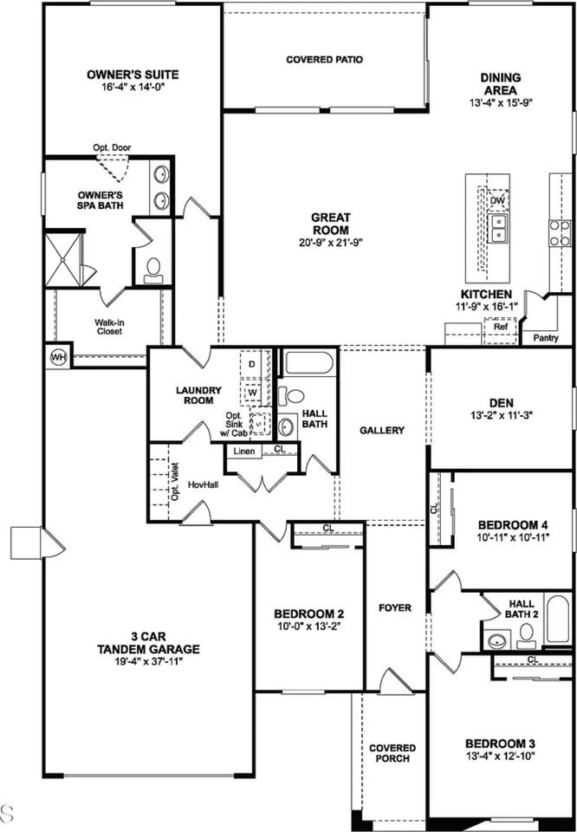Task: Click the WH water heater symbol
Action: coord(58,356)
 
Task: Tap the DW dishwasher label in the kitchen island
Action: coord(497,201)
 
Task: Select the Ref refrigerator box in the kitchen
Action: coord(500,328)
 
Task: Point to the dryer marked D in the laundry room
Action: coord(252,365)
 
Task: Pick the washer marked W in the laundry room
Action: coord(252,392)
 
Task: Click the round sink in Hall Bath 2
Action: coord(497,641)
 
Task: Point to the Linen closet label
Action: coord(243,451)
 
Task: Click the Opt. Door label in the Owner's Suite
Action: coord(113,148)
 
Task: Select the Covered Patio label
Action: coord(324,60)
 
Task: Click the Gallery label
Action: coord(383,430)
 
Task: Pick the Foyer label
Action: coord(395,608)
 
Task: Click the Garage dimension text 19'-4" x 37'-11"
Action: coord(148,661)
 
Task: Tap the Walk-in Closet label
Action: coord(108,326)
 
